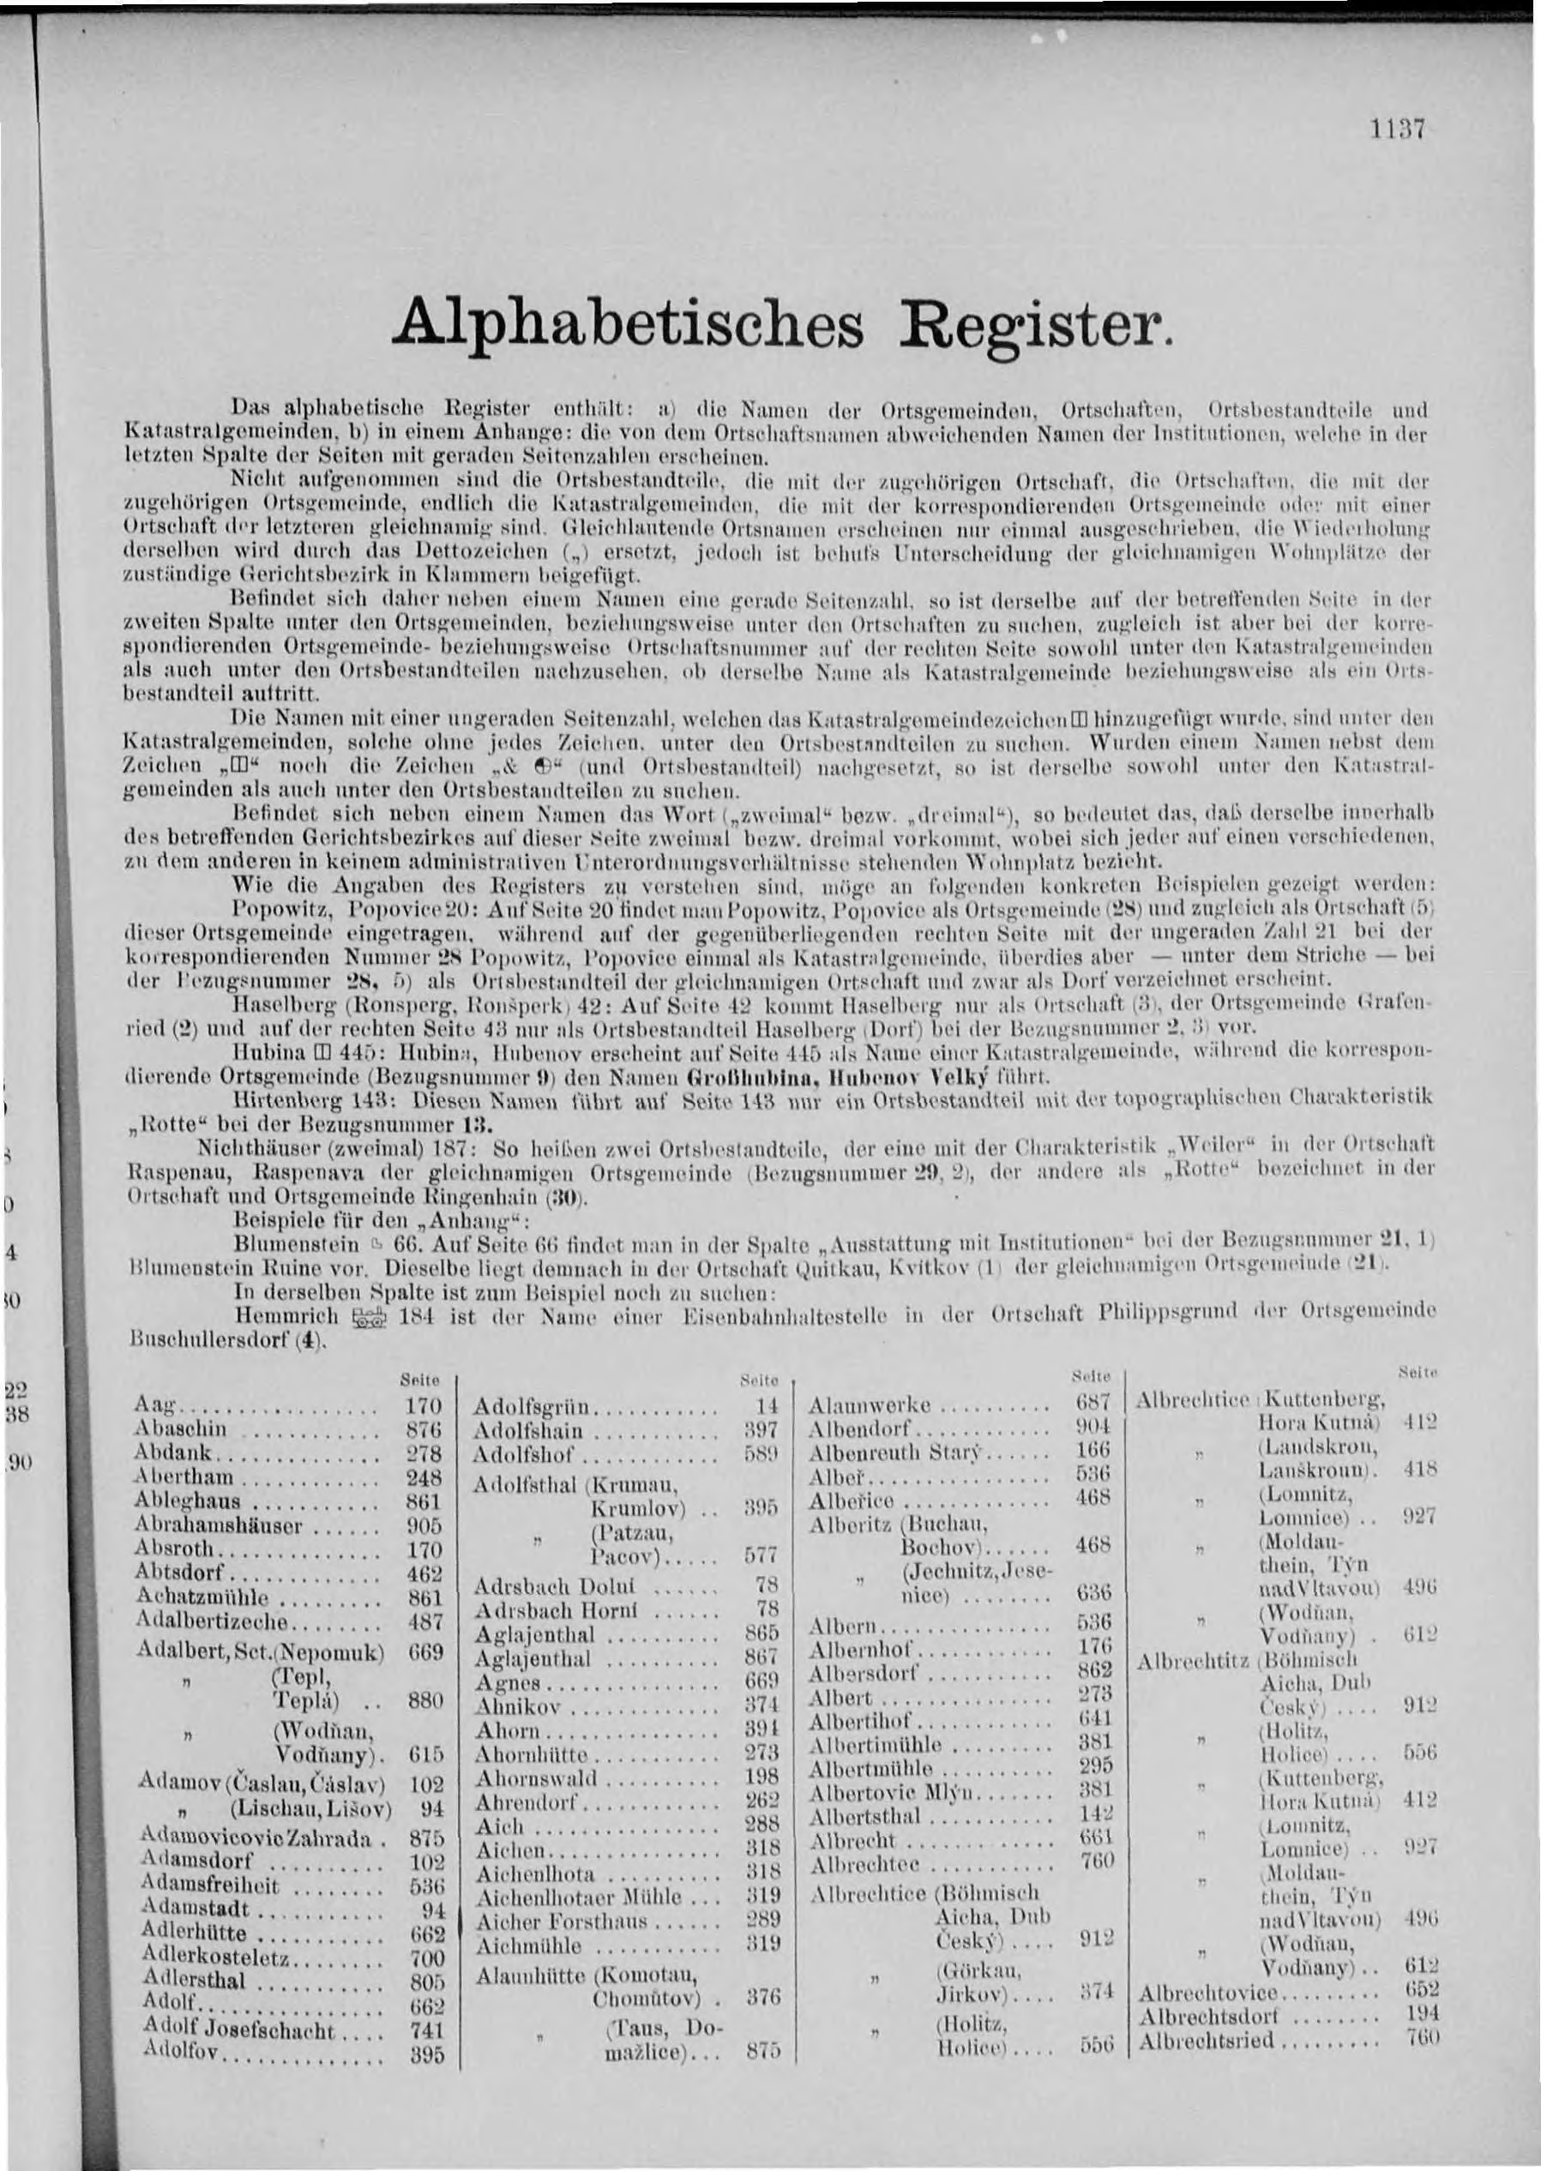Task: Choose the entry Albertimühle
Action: [875, 1745]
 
